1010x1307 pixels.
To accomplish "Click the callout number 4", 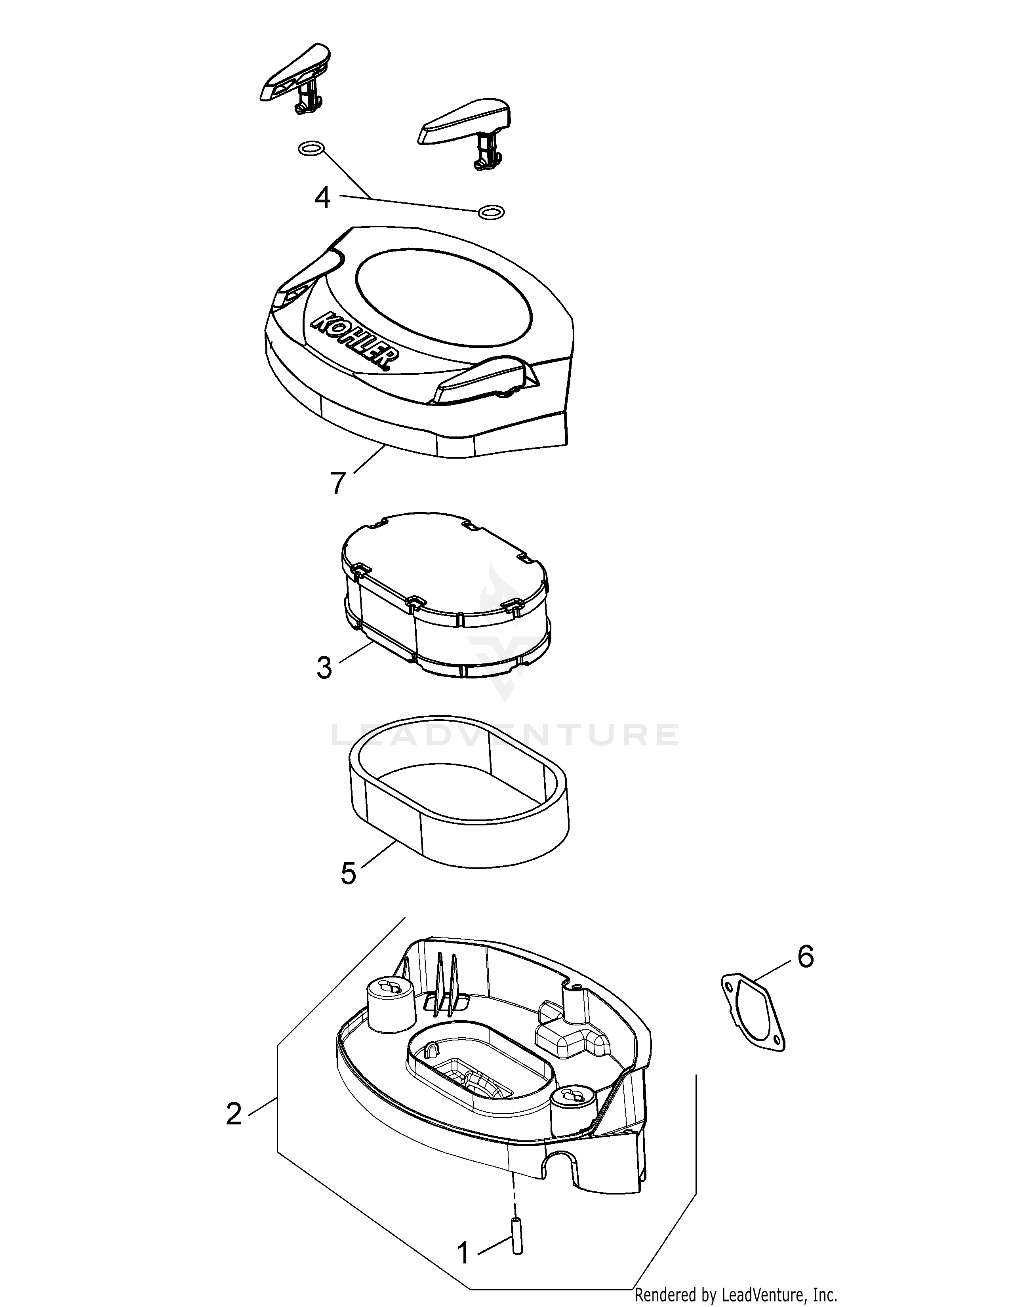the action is pyautogui.click(x=322, y=198).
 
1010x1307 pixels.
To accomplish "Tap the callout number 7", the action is pyautogui.click(x=338, y=484).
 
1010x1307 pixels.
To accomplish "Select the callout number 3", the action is pyautogui.click(x=324, y=668).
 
